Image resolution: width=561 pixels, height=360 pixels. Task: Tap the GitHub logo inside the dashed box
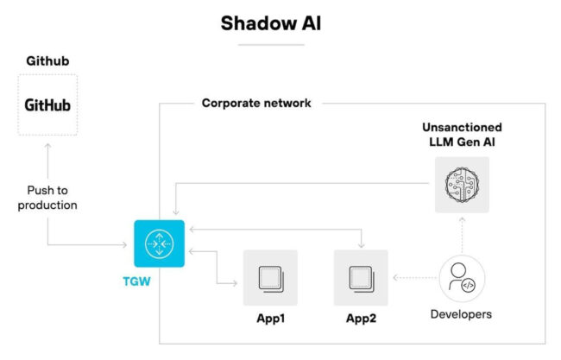(x=47, y=105)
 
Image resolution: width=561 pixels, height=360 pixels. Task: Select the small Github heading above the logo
(x=47, y=62)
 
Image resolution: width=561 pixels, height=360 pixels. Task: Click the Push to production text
(x=47, y=198)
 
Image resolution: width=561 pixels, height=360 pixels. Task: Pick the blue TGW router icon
(x=160, y=244)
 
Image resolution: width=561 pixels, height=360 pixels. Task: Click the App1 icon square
(x=270, y=277)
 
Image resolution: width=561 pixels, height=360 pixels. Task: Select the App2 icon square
(x=360, y=277)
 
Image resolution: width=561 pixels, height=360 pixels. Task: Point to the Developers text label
(x=461, y=314)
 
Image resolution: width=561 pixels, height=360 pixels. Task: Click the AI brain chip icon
(x=461, y=185)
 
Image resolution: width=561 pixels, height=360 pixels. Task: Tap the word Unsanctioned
(x=461, y=127)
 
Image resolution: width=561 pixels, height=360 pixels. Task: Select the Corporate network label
(x=255, y=104)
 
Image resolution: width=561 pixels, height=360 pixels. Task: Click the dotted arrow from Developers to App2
(x=414, y=278)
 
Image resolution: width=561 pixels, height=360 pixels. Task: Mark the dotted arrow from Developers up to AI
(x=462, y=236)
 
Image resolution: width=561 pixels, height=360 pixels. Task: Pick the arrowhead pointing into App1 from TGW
(x=235, y=283)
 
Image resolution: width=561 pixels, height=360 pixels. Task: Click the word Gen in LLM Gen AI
(x=467, y=142)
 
